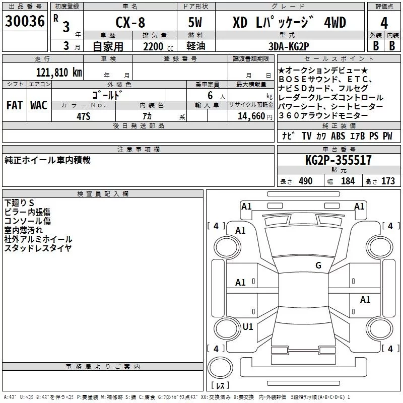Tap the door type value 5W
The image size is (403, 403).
point(195,23)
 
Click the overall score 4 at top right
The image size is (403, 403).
point(384,23)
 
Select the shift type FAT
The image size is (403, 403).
point(14,105)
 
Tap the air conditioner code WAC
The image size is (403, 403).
point(38,105)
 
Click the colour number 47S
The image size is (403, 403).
point(83,116)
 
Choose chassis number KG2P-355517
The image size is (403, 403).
point(339,160)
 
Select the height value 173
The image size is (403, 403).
point(388,181)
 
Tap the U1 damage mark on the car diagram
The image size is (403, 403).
point(247,326)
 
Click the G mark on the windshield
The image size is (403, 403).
point(318,265)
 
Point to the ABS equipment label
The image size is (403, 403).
point(338,136)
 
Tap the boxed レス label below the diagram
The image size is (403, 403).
point(220,385)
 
